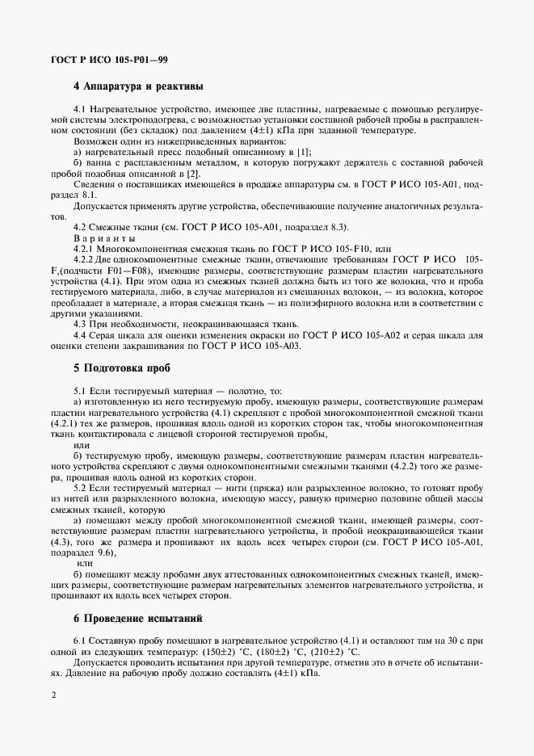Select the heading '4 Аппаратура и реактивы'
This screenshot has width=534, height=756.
(x=138, y=86)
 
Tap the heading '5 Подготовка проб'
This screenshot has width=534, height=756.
(x=120, y=366)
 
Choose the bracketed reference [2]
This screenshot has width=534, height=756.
(x=193, y=174)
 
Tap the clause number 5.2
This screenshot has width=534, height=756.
(x=81, y=487)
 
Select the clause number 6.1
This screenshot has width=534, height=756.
(x=81, y=640)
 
